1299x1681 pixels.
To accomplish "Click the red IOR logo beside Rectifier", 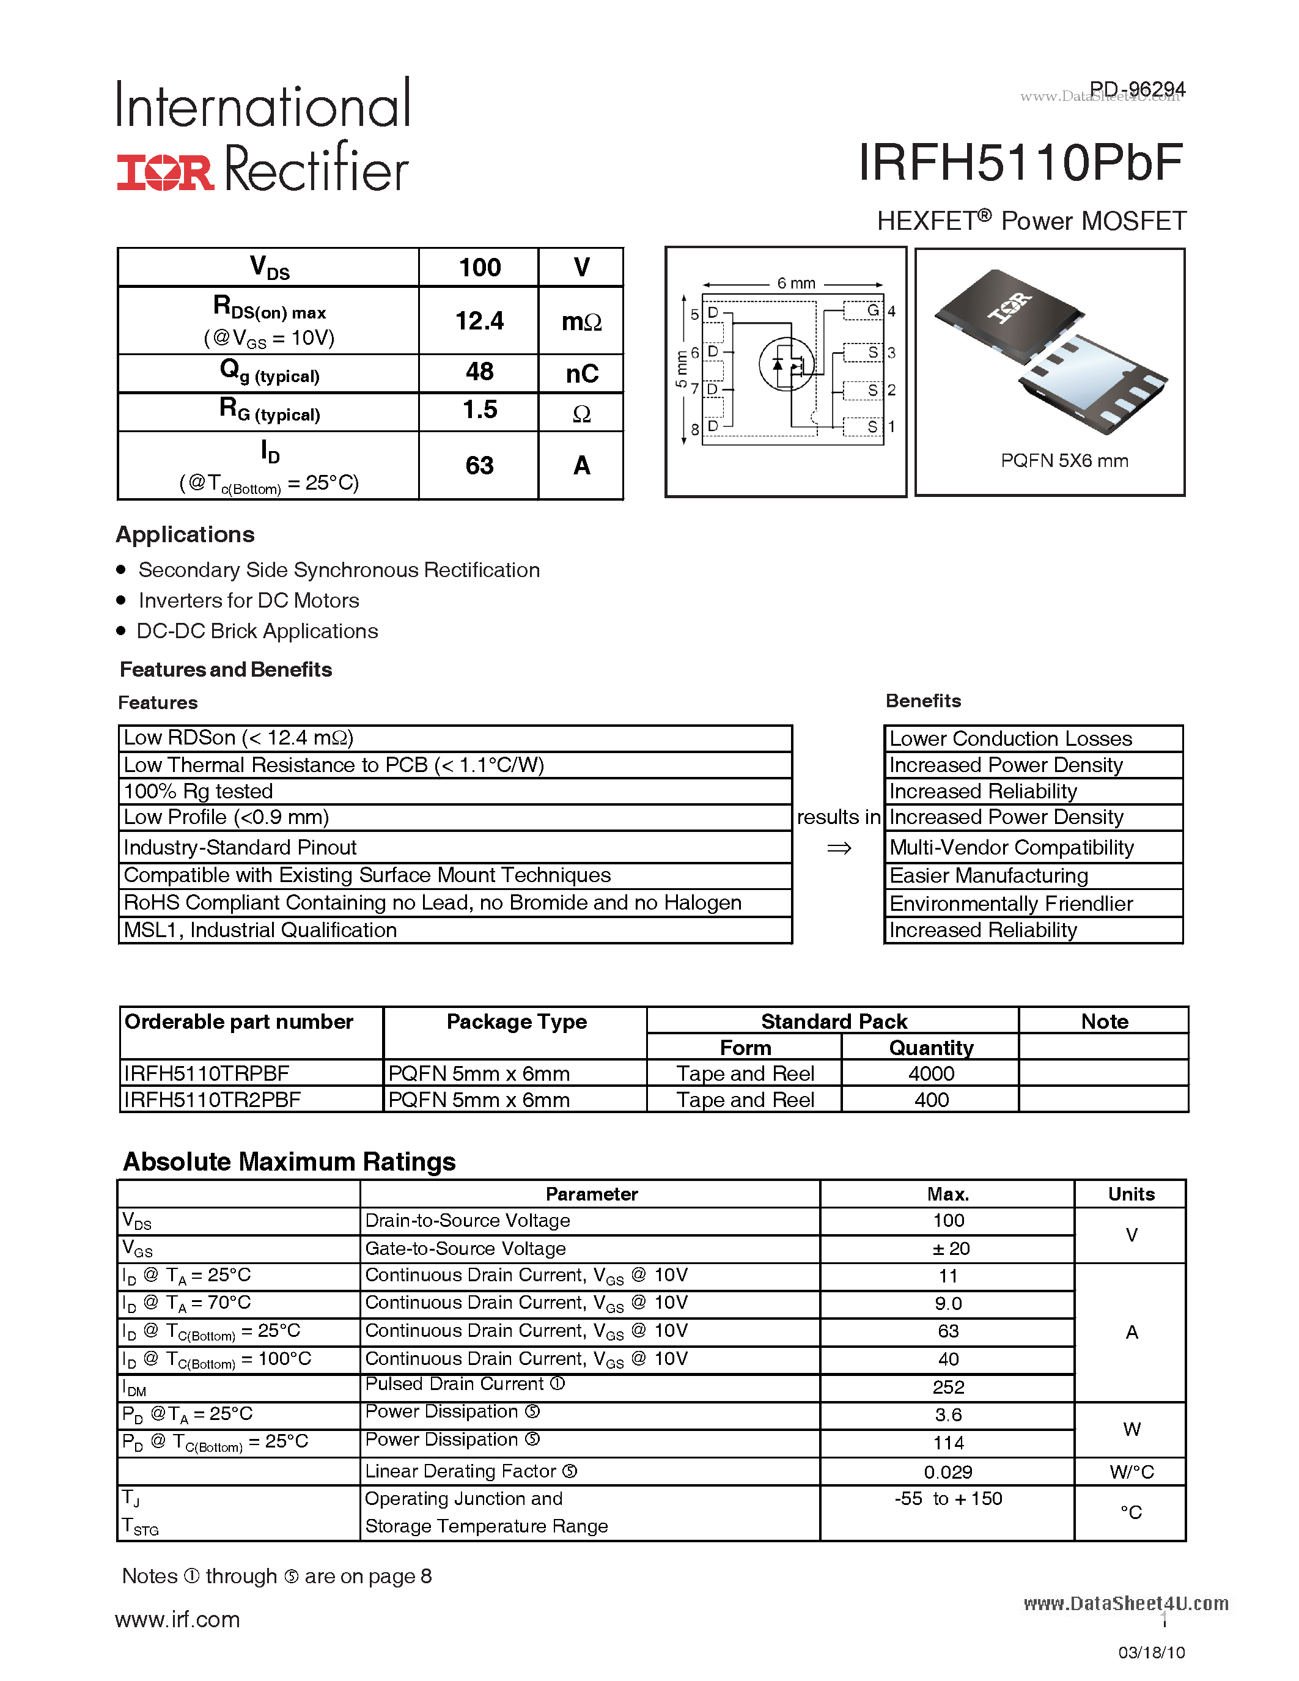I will (x=164, y=172).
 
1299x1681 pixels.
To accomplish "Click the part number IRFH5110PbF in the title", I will (x=1020, y=163).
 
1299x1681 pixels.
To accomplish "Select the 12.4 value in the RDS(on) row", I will (x=479, y=321).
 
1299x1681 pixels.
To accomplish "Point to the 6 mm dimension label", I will (x=796, y=283).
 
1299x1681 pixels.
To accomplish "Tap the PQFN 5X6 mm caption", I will (x=1064, y=461).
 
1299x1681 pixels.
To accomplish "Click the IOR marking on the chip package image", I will (x=1010, y=307).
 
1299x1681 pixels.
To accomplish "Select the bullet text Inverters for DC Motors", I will (x=249, y=600).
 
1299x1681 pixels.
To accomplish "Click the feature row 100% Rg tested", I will (x=199, y=791).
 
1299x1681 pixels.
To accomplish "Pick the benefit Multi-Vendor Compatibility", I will (x=1011, y=847).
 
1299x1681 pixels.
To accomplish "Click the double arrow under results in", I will (x=839, y=848).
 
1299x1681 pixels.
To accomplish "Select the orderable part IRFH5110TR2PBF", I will (x=212, y=1100).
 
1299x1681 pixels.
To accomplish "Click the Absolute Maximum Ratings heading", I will (x=289, y=1161).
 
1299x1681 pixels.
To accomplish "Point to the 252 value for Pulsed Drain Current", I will (x=948, y=1387).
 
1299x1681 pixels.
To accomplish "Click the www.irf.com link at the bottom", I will (x=178, y=1619).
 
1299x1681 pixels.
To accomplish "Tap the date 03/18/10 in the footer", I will (x=1151, y=1652).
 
